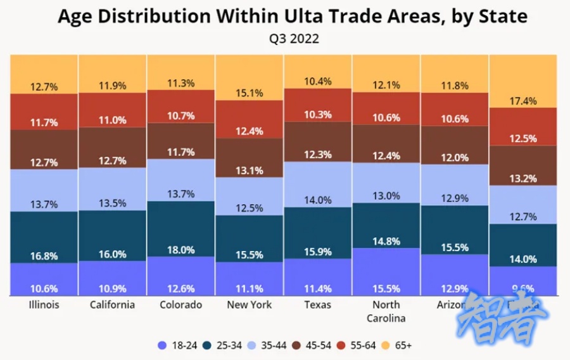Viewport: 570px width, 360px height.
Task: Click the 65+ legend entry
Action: [397, 345]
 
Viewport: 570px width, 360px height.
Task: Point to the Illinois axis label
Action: [44, 305]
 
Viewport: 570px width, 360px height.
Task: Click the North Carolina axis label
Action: [386, 311]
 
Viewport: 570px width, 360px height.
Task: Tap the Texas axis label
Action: [318, 305]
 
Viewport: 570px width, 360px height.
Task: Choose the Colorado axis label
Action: [180, 305]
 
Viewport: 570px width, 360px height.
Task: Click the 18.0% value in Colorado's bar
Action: [181, 250]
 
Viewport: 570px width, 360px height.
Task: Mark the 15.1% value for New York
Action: [250, 93]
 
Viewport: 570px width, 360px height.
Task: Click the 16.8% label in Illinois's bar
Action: [44, 256]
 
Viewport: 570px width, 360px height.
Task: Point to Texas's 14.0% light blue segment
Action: [318, 200]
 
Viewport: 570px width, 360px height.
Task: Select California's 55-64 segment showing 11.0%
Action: [113, 120]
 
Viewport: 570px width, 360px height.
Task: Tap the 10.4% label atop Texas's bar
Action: [318, 81]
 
